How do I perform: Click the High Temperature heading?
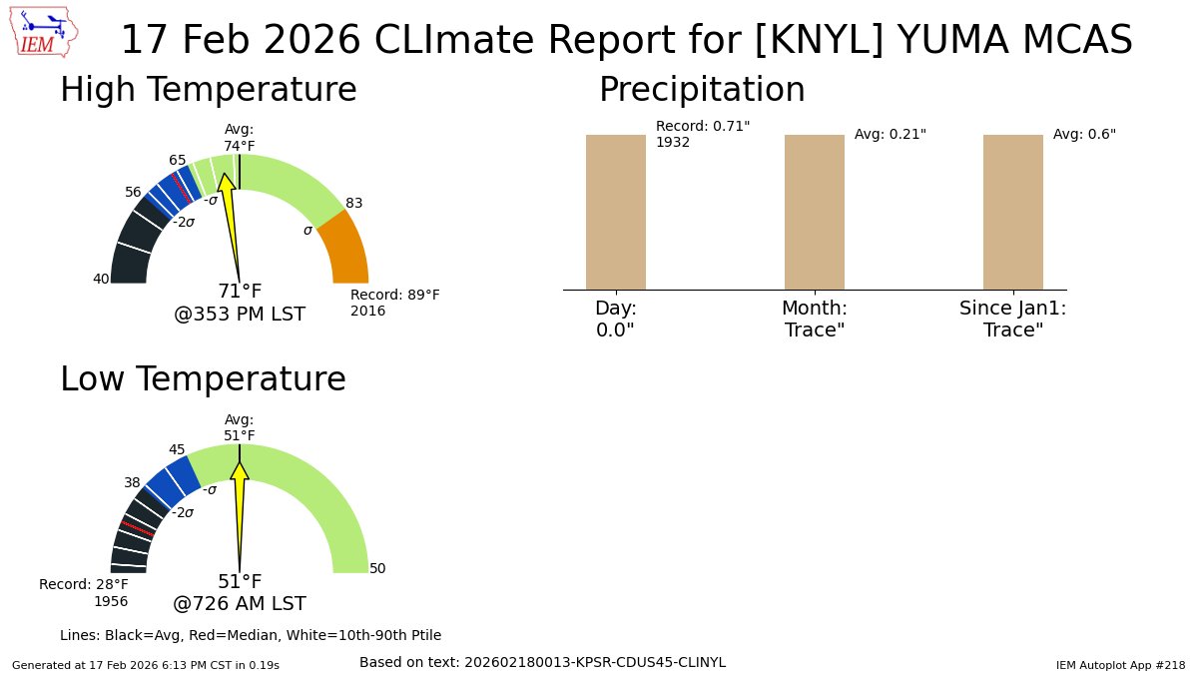coord(208,90)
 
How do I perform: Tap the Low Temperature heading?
coord(203,379)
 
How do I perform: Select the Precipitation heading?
coord(701,90)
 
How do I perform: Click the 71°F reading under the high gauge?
coord(240,292)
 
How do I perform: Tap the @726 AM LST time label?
coord(240,604)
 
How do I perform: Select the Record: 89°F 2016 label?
coord(394,303)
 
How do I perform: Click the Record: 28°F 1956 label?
coord(84,592)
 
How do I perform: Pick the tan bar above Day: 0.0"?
coord(615,212)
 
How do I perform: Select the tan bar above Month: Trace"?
coord(814,212)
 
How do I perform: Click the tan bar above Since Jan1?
coord(1012,212)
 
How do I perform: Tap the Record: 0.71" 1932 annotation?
coord(702,134)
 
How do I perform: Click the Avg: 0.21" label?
coord(890,134)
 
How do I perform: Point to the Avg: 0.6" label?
coord(1084,134)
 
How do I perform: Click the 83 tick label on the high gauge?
coord(353,203)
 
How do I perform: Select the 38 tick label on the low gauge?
coord(132,482)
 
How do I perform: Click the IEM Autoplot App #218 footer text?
coord(1120,664)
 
